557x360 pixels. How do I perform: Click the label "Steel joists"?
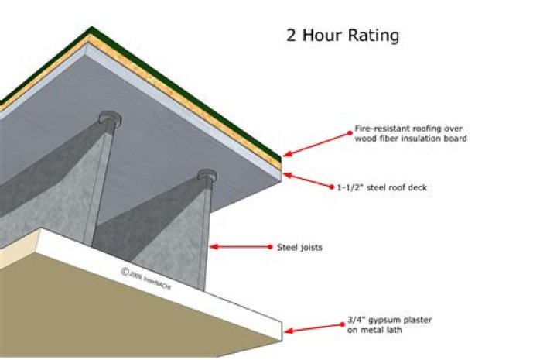click(300, 248)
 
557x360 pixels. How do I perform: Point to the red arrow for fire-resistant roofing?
click(317, 143)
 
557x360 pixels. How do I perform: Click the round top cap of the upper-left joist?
click(111, 118)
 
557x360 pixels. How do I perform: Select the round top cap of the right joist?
click(206, 174)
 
